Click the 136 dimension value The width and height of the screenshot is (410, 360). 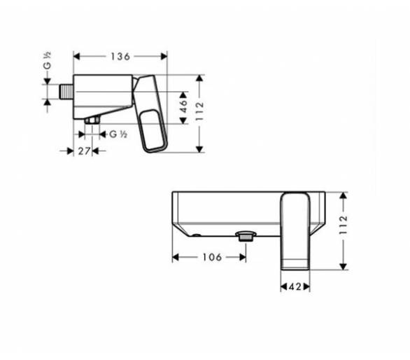coord(120,56)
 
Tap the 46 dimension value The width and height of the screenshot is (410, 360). coord(184,106)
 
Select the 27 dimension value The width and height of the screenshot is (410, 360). coord(84,151)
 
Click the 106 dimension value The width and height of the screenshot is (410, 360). coord(212,257)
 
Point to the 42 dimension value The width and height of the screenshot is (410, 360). coord(295,286)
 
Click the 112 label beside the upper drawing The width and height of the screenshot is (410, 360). coord(199,111)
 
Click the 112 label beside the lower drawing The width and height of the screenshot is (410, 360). coord(343,225)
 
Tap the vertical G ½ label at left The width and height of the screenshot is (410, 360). coord(47,61)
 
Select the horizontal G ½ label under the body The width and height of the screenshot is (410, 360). coord(118,134)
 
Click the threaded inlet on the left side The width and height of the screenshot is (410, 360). coord(66,92)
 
